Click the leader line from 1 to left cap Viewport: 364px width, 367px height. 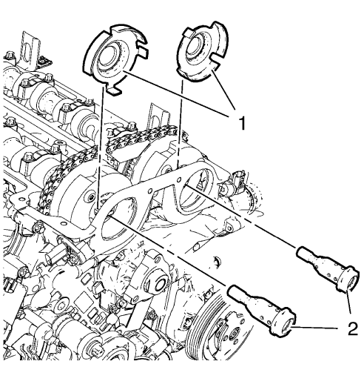178,96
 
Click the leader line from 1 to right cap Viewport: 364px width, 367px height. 225,93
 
